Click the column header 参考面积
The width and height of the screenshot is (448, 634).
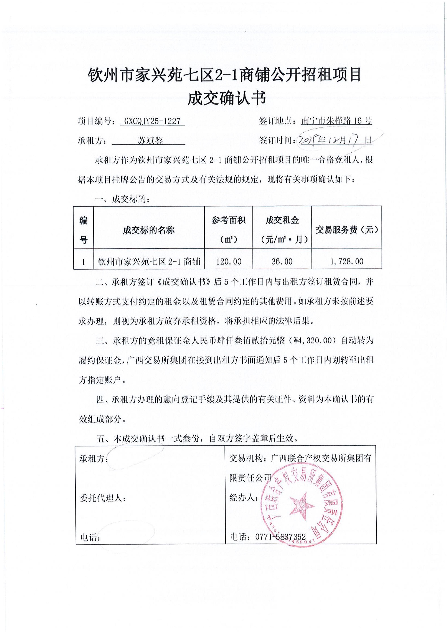tap(228, 220)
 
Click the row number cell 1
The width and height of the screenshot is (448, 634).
tap(83, 261)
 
